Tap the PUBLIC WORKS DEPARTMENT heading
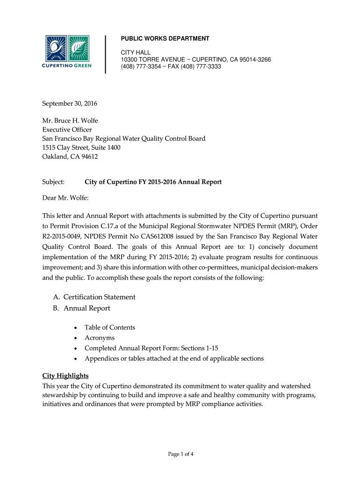pyautogui.click(x=165, y=38)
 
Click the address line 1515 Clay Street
pyautogui.click(x=81, y=147)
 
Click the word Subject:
pyautogui.click(x=53, y=182)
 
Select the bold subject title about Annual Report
pyautogui.click(x=153, y=182)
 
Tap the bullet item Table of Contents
pyautogui.click(x=109, y=327)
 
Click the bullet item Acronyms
pyautogui.click(x=99, y=338)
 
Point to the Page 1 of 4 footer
pyautogui.click(x=180, y=453)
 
